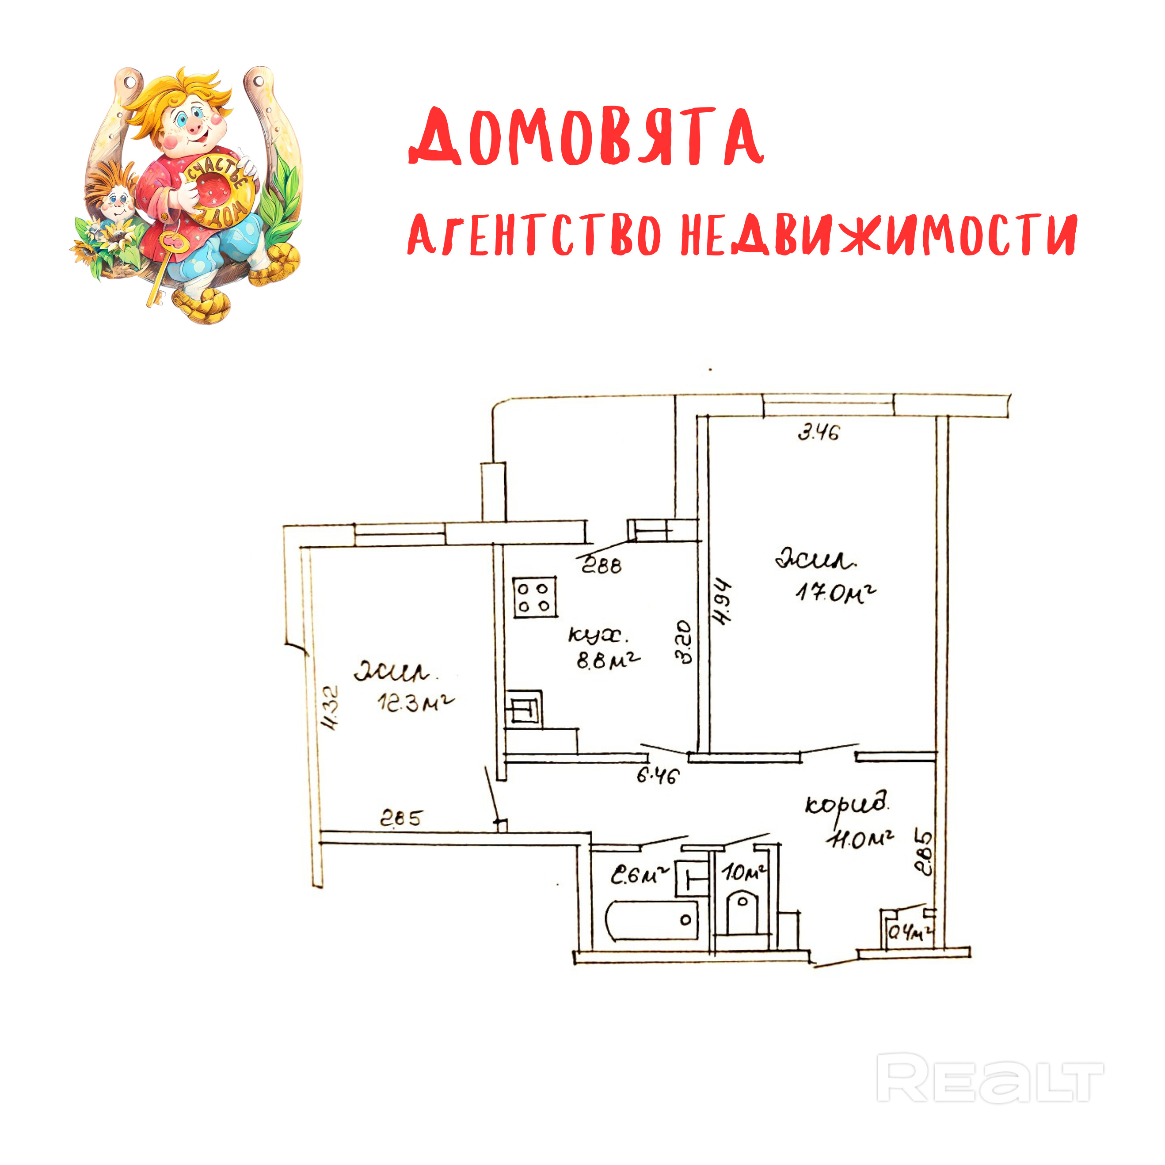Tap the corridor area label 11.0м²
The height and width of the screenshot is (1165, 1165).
861,839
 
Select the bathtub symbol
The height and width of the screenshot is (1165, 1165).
652,920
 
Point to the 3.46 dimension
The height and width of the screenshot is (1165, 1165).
818,432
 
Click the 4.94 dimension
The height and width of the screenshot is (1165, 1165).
721,602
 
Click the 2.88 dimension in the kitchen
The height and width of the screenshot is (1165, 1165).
601,566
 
